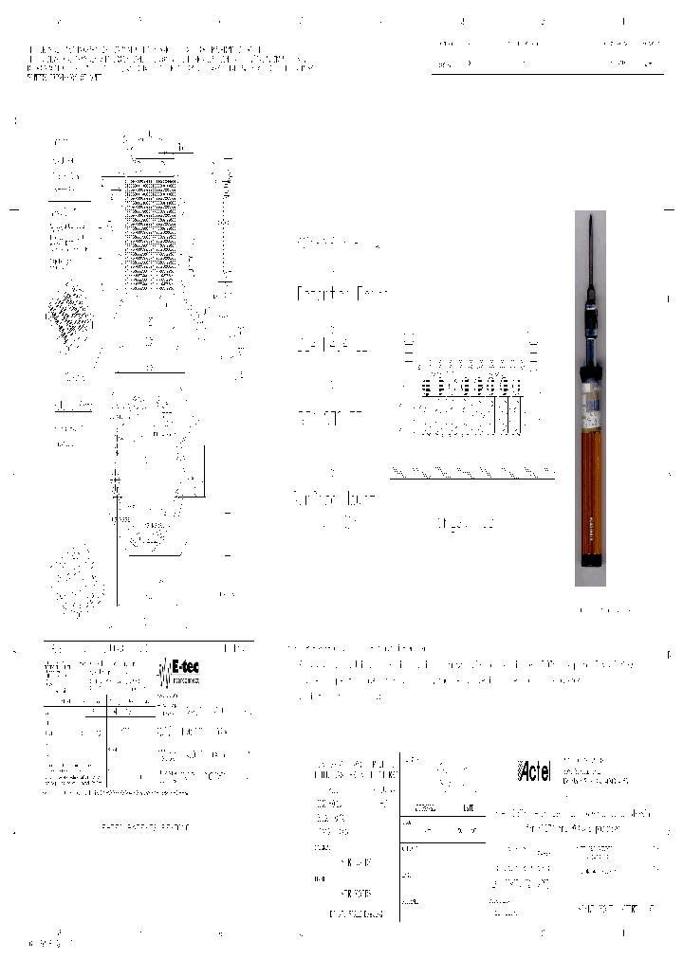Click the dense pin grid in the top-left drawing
152,233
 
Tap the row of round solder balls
471,387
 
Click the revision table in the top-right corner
547,53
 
